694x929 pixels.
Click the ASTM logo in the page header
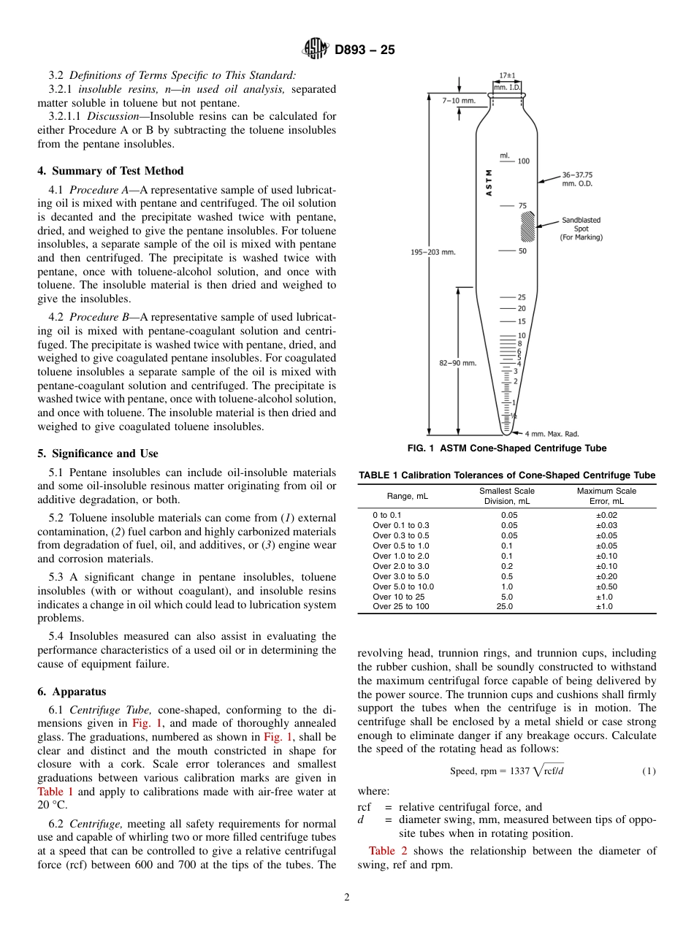click(316, 50)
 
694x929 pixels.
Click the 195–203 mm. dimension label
click(433, 252)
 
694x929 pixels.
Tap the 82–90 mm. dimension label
click(458, 363)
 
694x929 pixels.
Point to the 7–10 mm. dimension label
click(458, 100)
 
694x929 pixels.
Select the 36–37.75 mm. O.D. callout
click(576, 179)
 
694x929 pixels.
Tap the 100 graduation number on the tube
click(523, 161)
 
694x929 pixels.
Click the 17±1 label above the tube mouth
click(507, 76)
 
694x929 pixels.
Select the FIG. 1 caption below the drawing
click(506, 448)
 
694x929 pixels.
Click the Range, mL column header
click(408, 496)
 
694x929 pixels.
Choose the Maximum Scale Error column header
click(606, 496)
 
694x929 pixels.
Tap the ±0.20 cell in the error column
click(606, 576)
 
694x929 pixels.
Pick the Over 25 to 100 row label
click(401, 607)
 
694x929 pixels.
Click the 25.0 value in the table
click(505, 607)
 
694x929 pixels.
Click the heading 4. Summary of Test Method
click(110, 171)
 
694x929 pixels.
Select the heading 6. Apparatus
click(72, 692)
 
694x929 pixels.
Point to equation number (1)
click(649, 771)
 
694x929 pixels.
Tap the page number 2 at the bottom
click(347, 898)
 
